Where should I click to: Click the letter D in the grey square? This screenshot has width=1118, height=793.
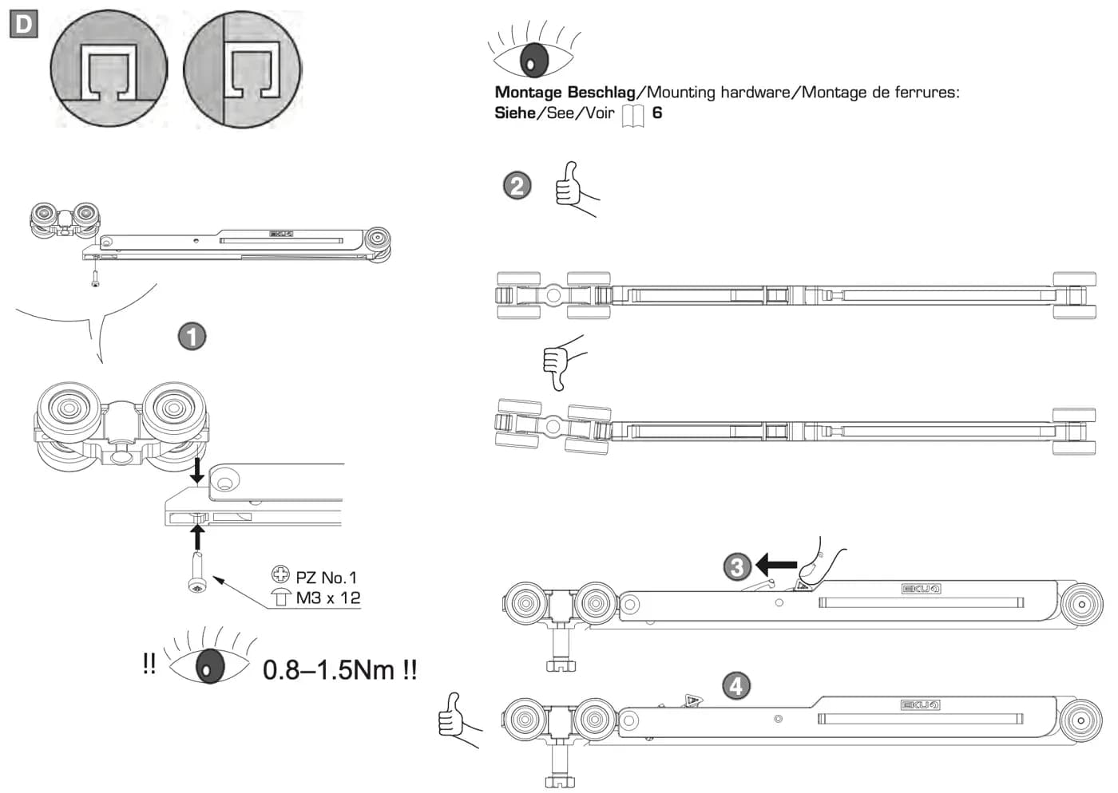point(23,24)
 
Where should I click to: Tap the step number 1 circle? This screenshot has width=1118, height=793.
point(192,336)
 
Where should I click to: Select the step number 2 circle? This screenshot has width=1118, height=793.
point(517,186)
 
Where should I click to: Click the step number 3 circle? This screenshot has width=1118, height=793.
point(737,567)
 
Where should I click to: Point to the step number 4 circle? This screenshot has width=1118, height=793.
point(736,687)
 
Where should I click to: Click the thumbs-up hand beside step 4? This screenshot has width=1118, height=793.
point(458,720)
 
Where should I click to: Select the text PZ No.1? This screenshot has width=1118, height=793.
point(327,578)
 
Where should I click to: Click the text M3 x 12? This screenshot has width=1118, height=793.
point(328,598)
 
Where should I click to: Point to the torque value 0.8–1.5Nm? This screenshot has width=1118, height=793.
point(328,670)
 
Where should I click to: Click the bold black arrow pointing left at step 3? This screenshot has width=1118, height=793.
point(776,565)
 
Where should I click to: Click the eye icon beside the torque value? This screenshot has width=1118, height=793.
point(209,658)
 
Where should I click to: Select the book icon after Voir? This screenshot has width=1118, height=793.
point(632,116)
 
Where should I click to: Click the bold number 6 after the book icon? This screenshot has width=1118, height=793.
point(657,112)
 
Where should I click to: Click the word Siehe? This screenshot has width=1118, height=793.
point(515,112)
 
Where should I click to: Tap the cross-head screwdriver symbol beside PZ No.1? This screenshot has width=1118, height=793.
point(280,574)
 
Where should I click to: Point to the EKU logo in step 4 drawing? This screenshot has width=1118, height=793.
point(920,704)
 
